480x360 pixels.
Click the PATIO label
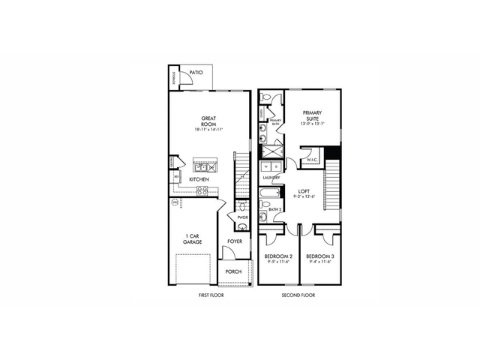tap(196, 73)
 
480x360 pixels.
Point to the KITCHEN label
tap(199, 180)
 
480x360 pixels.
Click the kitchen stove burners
tap(202, 190)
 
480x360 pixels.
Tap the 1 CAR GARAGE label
tap(192, 239)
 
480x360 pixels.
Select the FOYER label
tap(235, 241)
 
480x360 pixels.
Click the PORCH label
tap(232, 272)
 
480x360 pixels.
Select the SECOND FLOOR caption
tap(298, 295)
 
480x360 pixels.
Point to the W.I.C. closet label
tap(313, 160)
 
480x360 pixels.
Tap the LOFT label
tap(304, 191)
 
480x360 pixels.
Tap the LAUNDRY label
tap(271, 178)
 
